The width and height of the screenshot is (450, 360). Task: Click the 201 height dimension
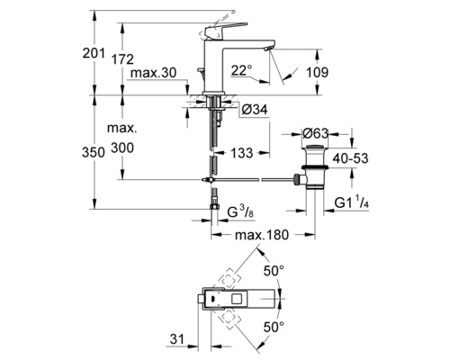[94, 54]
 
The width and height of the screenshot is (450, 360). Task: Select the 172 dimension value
[122, 59]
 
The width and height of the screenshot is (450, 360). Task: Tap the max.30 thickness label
[154, 73]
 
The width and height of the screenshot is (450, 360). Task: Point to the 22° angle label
[241, 70]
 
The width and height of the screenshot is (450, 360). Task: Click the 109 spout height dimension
[317, 72]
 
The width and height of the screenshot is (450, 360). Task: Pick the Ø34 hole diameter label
[255, 110]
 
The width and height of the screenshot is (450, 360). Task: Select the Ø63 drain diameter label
[316, 133]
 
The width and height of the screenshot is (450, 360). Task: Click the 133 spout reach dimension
[242, 153]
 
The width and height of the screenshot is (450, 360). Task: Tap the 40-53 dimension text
[350, 158]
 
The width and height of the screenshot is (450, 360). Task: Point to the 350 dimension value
[94, 152]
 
